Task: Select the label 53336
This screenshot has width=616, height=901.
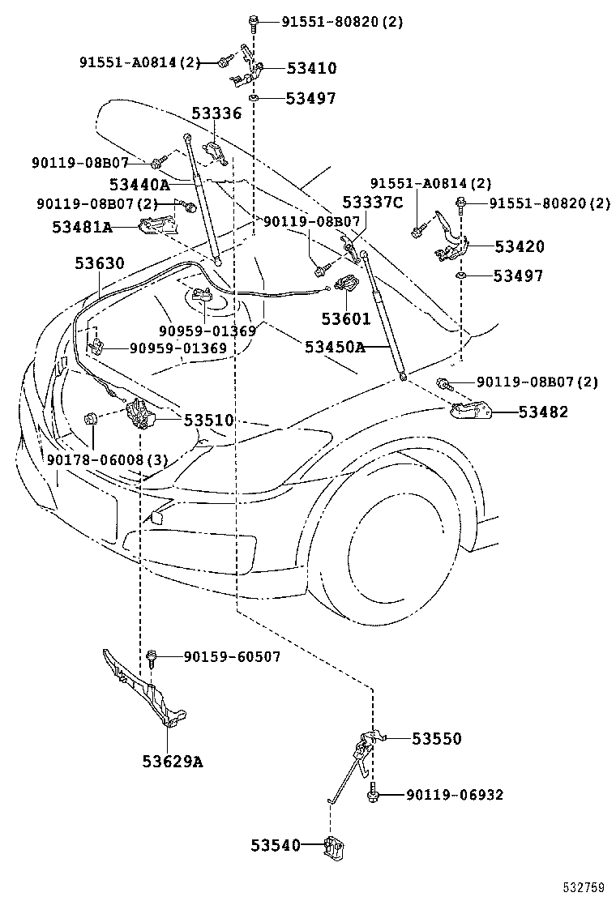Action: point(216,114)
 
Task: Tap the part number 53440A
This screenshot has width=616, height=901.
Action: point(139,186)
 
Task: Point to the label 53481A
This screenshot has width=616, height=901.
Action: point(82,227)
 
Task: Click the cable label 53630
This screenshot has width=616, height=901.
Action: point(100,263)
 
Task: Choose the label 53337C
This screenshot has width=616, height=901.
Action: point(372,203)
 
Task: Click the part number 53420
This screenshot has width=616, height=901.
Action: point(520,247)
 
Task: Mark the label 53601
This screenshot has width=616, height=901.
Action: point(345,318)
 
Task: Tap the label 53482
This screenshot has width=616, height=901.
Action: point(543,412)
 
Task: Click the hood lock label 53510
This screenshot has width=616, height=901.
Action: point(208,420)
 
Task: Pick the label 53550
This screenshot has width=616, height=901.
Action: point(436,738)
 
